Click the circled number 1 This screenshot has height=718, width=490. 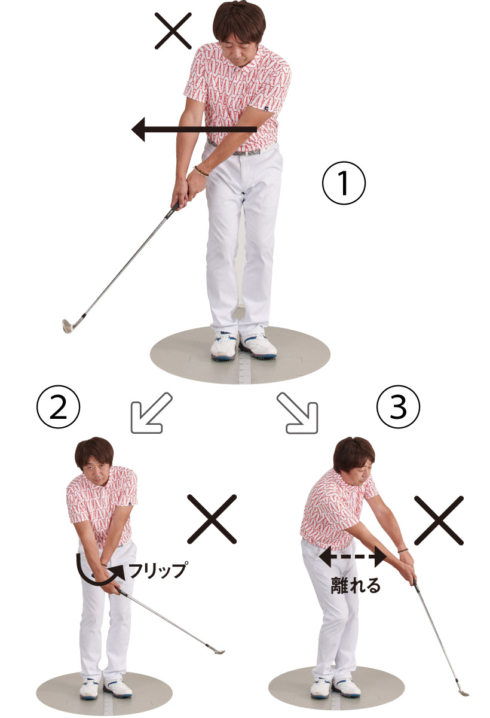click(344, 183)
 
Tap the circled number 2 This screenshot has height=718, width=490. click(58, 407)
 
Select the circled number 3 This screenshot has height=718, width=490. click(398, 406)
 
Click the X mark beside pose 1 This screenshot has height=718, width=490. click(173, 31)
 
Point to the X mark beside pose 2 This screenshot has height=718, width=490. click(212, 519)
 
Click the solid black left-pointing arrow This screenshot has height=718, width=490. click(194, 129)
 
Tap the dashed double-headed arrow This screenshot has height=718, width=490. click(353, 557)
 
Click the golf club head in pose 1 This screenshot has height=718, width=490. click(68, 326)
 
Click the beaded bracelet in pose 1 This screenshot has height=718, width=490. click(201, 171)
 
